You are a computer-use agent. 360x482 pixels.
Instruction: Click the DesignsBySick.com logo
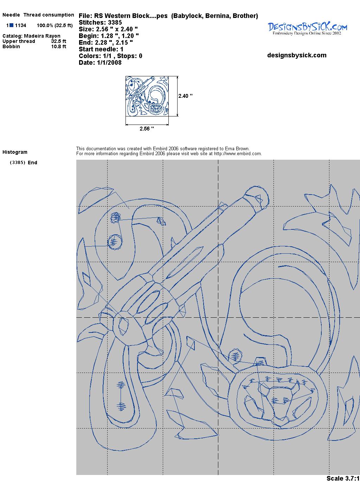pos(307,29)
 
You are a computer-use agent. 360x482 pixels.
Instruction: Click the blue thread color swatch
pos(11,25)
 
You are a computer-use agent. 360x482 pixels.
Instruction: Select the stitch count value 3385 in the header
pos(115,23)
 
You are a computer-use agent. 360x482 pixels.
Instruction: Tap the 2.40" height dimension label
pos(185,96)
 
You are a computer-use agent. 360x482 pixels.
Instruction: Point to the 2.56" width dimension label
pos(147,129)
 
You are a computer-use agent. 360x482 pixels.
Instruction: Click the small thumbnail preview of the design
pos(147,96)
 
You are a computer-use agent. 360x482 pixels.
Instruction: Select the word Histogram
pos(15,152)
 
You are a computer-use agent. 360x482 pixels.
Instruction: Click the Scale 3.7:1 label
pos(343,478)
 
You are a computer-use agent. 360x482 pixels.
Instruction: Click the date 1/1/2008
pos(109,63)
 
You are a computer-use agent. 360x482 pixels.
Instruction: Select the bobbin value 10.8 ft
pos(59,46)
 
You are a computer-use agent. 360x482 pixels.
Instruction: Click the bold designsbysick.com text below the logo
pos(297,55)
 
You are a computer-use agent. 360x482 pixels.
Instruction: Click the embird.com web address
pos(238,154)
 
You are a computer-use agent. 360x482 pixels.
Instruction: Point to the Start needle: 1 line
pos(101,49)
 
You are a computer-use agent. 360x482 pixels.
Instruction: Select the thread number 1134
pos(21,25)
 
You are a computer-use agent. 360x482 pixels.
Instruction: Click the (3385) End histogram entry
pos(24,163)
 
